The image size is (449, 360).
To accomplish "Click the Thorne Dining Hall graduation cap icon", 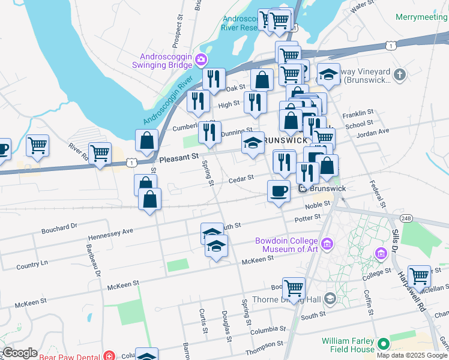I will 330,298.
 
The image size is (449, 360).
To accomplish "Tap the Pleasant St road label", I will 179,158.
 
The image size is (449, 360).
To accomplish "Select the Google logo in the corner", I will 20,353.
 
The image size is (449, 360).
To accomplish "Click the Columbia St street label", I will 268,330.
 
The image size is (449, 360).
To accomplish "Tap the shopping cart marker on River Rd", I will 100,154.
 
